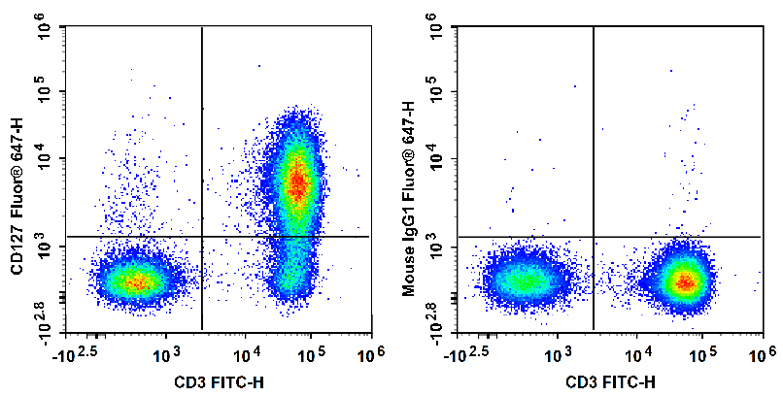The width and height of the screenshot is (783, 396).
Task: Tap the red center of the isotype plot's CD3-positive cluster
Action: pos(686,282)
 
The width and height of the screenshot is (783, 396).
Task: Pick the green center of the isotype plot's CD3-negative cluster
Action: pos(526,281)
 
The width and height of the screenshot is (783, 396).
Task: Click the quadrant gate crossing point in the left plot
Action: pos(201,236)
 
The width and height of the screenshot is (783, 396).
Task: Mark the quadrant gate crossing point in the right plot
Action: pos(593,236)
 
